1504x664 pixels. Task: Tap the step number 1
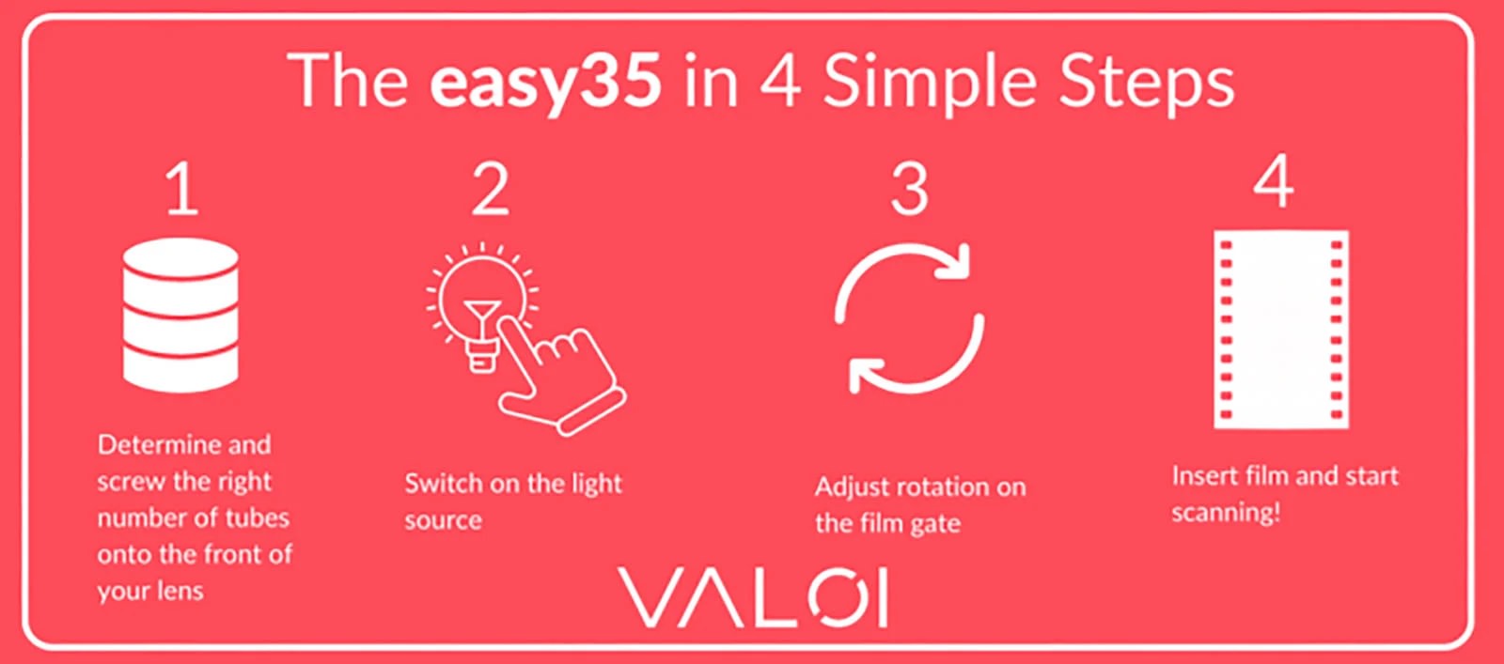coord(182,190)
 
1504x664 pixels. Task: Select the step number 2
coord(490,189)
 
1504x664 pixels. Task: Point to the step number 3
coord(910,190)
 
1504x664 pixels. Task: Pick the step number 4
coord(1274,181)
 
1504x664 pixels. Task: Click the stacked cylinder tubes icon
coord(180,315)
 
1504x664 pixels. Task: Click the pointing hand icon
coord(561,376)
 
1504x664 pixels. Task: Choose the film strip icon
coord(1281,330)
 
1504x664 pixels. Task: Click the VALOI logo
coord(753,597)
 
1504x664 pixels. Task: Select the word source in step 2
coord(443,521)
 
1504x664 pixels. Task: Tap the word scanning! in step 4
coord(1226,514)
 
